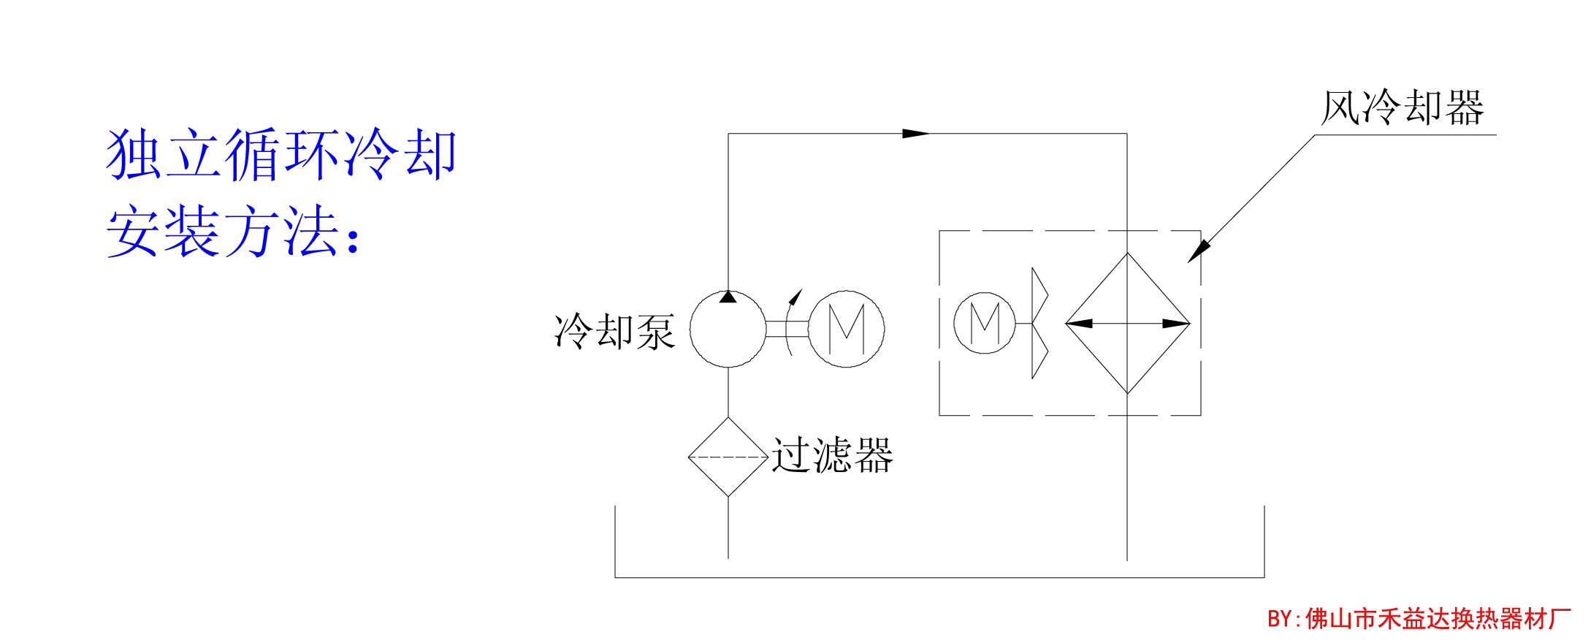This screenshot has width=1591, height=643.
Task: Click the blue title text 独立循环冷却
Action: click(281, 154)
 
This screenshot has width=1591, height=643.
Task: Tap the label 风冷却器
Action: click(1403, 108)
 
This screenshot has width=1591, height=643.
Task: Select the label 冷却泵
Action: click(614, 332)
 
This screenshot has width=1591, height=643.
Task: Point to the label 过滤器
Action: click(832, 455)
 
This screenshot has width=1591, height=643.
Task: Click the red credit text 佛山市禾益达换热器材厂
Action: click(1436, 619)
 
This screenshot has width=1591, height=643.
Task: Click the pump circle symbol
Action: click(728, 330)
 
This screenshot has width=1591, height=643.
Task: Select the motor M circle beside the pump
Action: click(846, 329)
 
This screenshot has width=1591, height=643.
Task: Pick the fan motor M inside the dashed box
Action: click(984, 323)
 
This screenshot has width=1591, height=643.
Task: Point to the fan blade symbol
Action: click(1038, 323)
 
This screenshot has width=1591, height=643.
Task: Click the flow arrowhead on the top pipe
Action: click(915, 134)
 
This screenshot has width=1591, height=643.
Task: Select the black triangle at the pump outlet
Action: click(728, 297)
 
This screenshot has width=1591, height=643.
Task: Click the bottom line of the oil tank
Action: click(939, 577)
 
